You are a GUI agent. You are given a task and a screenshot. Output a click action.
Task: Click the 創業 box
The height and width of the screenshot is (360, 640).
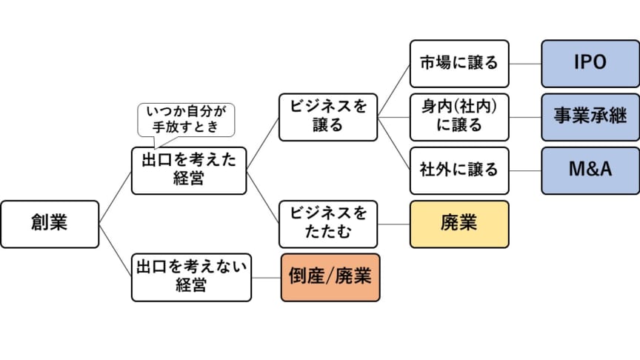click(x=50, y=224)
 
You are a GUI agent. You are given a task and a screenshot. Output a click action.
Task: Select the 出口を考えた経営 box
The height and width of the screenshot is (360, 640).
click(x=189, y=170)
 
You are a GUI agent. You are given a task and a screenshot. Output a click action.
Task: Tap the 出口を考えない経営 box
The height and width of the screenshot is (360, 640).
click(x=191, y=277)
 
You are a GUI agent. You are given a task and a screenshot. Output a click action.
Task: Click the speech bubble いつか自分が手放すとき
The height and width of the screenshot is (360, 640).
click(x=186, y=119)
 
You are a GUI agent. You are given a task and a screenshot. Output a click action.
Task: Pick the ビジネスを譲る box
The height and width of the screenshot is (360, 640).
click(x=328, y=116)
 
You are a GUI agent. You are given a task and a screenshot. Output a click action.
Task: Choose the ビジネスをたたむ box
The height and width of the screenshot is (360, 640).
click(x=328, y=224)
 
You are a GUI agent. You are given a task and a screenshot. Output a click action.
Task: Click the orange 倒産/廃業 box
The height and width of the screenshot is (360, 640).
click(x=330, y=277)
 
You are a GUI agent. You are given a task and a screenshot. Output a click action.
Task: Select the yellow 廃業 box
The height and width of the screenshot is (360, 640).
click(x=459, y=224)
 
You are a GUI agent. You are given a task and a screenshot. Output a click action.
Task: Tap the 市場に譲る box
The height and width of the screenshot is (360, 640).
click(x=459, y=64)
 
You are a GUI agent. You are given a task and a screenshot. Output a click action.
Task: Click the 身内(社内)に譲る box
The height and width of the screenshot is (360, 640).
click(x=459, y=116)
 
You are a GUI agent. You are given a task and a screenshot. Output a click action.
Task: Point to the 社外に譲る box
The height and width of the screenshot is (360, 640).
click(x=459, y=170)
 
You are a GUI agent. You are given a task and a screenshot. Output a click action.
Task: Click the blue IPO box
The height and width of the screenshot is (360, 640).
click(x=590, y=64)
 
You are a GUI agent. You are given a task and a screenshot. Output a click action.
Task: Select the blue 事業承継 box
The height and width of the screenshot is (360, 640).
click(x=590, y=116)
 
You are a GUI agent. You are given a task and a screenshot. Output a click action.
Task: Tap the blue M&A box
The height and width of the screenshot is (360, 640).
click(x=590, y=170)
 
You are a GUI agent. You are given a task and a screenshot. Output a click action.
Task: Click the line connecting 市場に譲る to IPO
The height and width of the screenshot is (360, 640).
click(x=525, y=64)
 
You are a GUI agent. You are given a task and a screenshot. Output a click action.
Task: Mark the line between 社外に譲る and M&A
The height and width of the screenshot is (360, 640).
click(x=525, y=170)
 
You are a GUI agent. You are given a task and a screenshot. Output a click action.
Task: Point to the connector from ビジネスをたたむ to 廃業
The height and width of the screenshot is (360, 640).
click(x=394, y=224)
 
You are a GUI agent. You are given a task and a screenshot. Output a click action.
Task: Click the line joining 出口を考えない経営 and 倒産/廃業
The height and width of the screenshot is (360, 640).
click(x=266, y=277)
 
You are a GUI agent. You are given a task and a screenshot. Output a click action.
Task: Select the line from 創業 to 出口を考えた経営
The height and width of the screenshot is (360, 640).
click(x=116, y=197)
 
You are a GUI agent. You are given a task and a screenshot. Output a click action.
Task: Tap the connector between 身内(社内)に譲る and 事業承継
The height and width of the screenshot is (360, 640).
click(x=525, y=116)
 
